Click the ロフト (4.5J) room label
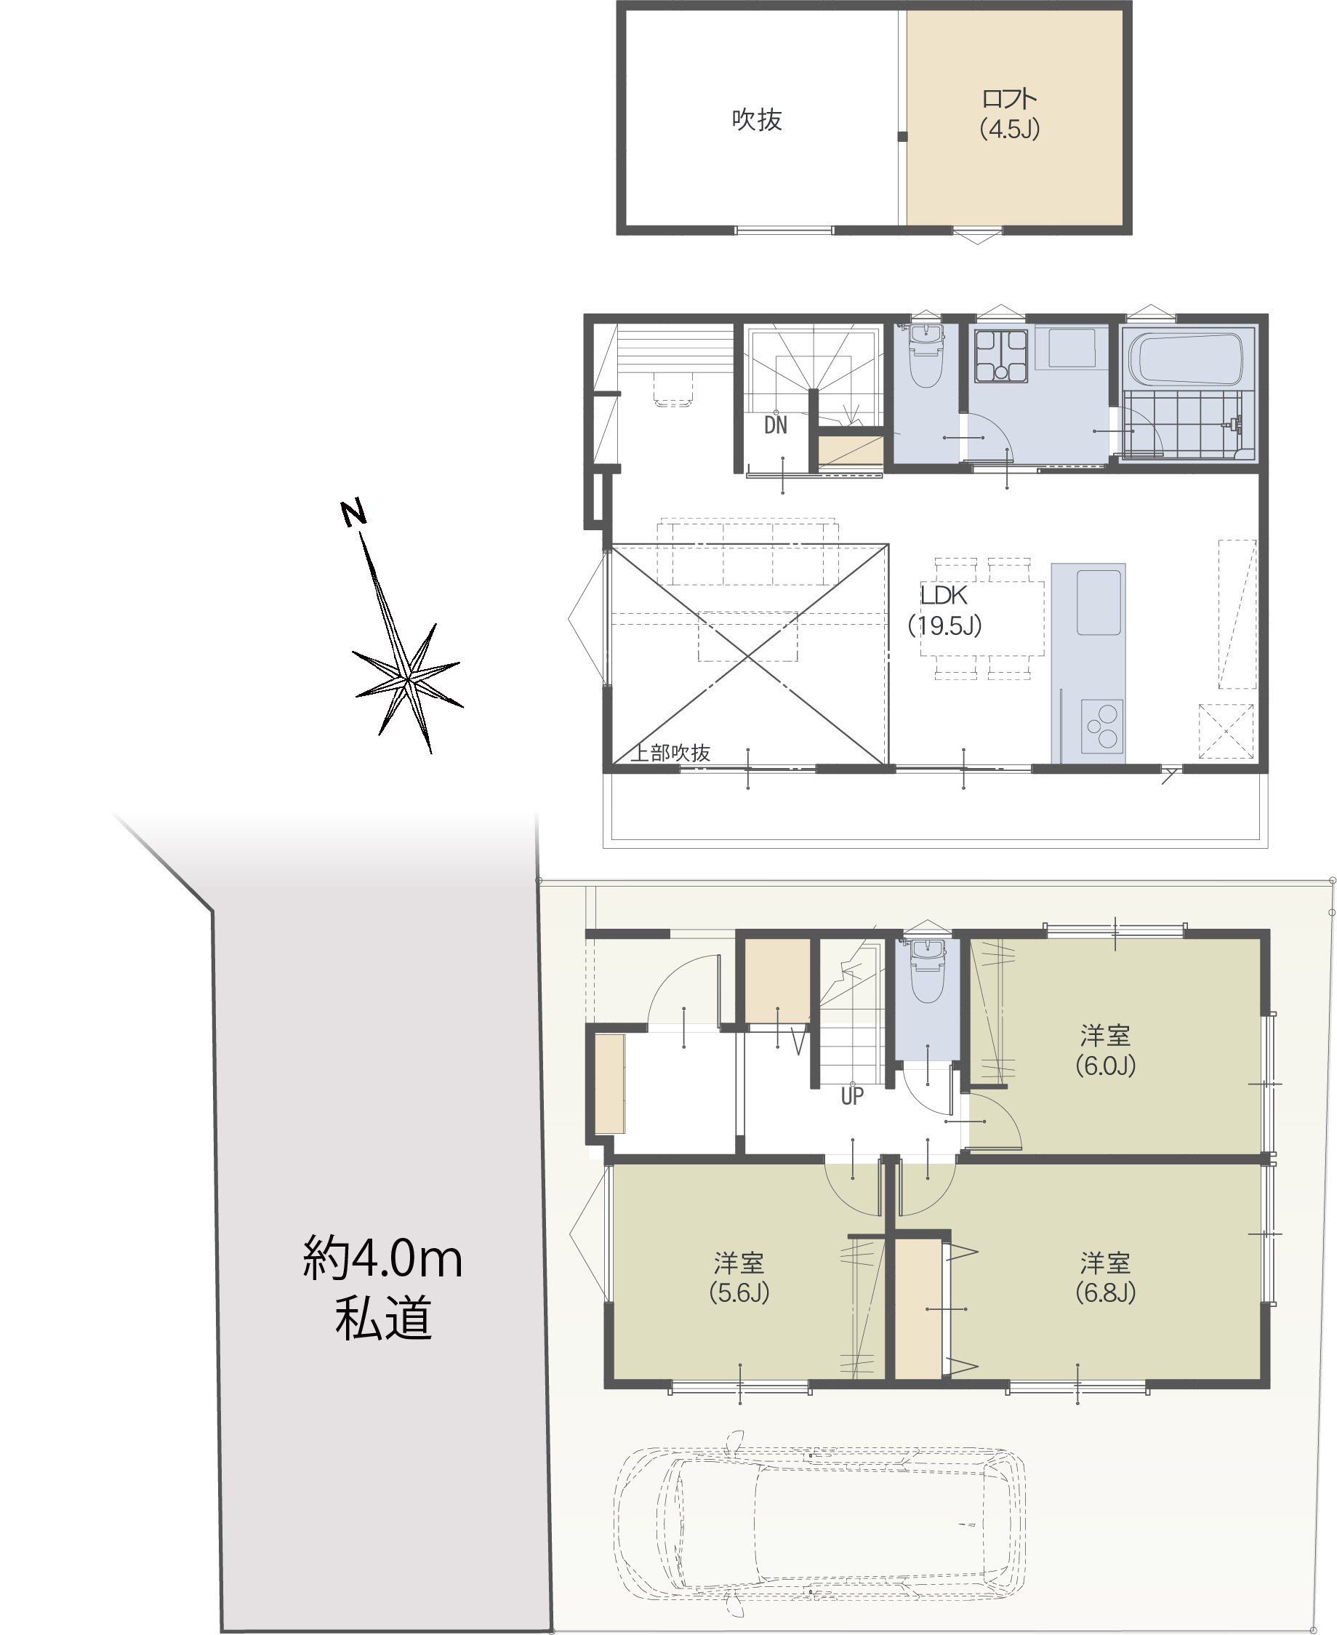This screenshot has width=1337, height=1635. [1009, 113]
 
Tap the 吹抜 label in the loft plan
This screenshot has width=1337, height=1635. [756, 120]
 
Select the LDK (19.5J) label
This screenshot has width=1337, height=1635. [944, 609]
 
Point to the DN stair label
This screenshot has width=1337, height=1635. [776, 425]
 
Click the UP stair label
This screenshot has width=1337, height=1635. [852, 1095]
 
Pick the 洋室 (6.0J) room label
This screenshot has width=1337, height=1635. [1105, 1050]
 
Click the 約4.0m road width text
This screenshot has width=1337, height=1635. [382, 1259]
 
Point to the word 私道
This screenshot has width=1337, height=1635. [382, 1319]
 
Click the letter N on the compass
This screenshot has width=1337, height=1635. [353, 513]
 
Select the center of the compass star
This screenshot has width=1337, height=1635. [407, 681]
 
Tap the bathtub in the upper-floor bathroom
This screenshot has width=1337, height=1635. [1186, 359]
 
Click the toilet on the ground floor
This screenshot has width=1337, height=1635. [927, 971]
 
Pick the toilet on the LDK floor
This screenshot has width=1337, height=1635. [926, 356]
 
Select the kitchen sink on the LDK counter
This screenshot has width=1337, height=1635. [1099, 603]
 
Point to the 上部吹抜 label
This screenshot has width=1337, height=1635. [670, 753]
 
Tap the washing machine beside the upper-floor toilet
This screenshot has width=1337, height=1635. [1001, 356]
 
